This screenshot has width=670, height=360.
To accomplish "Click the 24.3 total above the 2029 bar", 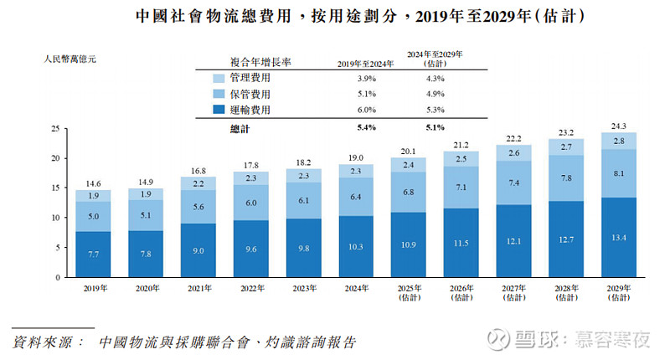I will point(618,126).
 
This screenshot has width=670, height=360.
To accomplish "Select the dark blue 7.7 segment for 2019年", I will point(93,253).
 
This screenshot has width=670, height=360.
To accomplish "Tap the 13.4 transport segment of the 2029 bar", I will point(618,237).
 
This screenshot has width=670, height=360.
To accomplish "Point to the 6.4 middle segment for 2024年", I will point(355,197).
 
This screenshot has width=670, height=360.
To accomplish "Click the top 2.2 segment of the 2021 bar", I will point(198,183).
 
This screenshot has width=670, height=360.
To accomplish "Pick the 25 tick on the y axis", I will point(54,128).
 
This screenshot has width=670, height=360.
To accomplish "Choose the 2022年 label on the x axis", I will point(250,288).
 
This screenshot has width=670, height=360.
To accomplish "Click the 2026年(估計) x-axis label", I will point(461,292).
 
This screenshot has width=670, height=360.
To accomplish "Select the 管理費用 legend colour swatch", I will point(218,78).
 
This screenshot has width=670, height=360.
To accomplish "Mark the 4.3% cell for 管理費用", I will point(434,78).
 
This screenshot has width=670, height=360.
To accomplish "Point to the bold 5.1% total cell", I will point(434,128).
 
